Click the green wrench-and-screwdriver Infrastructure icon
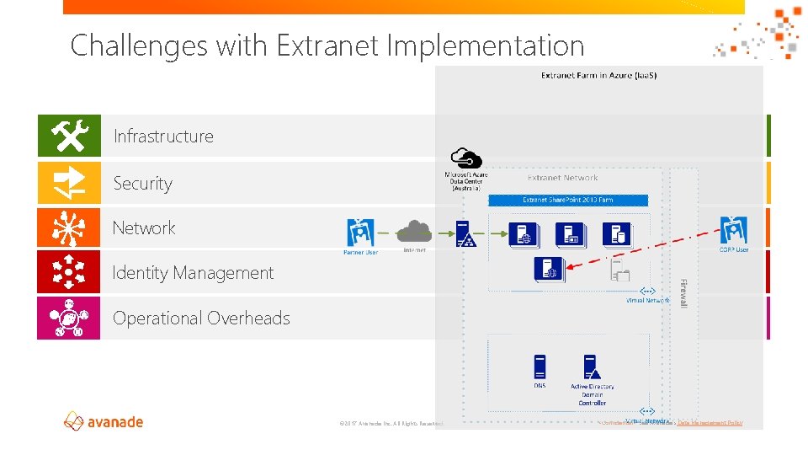tap(69, 136)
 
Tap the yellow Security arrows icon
tap(69, 182)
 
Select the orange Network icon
tap(69, 227)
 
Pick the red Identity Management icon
tap(69, 272)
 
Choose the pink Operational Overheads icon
tap(69, 318)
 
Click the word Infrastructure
tap(163, 136)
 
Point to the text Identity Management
tap(193, 273)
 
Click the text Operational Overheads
tap(201, 318)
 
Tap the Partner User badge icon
tap(360, 232)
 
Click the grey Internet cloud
tap(414, 231)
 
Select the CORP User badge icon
tap(733, 231)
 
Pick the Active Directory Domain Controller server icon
tap(591, 368)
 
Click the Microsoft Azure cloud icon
tap(465, 158)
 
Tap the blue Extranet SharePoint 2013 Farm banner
tap(568, 201)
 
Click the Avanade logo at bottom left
tap(104, 421)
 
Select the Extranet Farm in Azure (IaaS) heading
tap(598, 76)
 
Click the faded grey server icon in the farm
tap(620, 270)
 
